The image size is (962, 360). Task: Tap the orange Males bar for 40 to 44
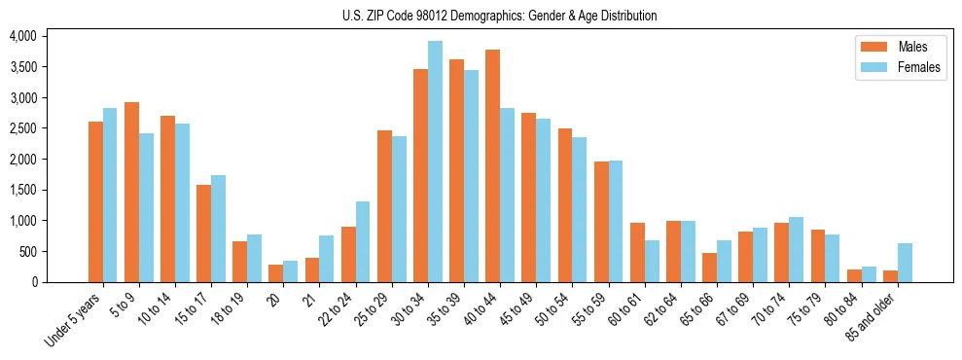click(x=493, y=165)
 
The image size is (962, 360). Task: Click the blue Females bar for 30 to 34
click(x=435, y=162)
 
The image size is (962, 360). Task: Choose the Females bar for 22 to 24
click(x=363, y=241)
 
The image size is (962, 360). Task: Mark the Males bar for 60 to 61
click(x=637, y=252)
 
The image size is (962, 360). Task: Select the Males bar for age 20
click(x=276, y=273)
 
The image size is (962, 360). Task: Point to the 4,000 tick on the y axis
click(x=22, y=36)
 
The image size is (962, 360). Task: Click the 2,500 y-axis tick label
click(x=22, y=128)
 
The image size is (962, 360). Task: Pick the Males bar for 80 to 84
click(x=854, y=275)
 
